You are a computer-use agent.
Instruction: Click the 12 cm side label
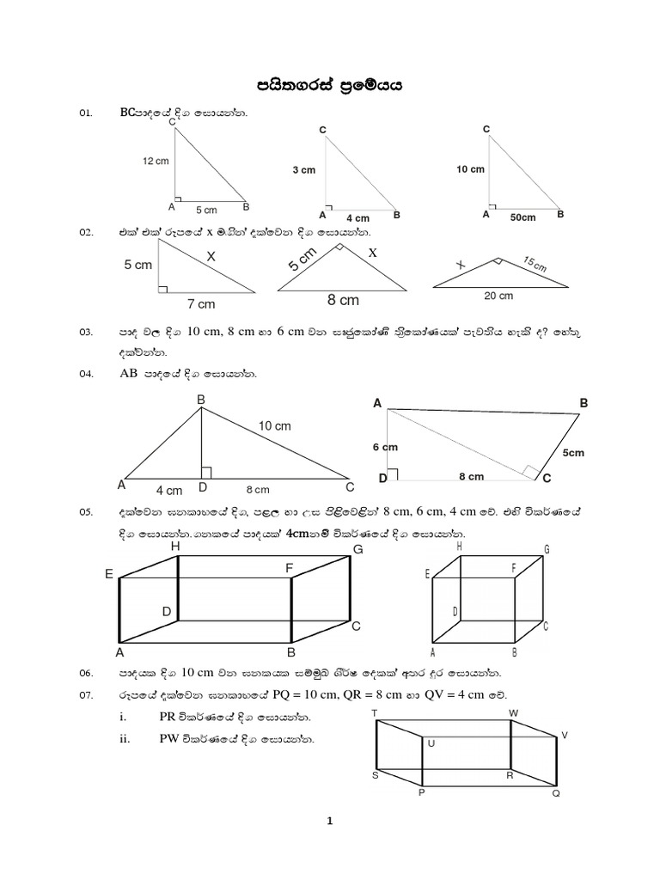(156, 162)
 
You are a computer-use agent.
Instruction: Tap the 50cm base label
(522, 217)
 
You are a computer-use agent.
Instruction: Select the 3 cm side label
(303, 170)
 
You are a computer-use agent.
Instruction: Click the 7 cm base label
(201, 303)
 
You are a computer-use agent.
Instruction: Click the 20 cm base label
(498, 296)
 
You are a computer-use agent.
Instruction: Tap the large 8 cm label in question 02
(343, 301)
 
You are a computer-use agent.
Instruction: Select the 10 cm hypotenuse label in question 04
(275, 425)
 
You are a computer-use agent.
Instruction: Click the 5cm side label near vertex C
(573, 452)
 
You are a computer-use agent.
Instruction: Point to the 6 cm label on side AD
(385, 447)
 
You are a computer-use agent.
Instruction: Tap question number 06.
(85, 672)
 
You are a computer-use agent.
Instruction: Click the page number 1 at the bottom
(329, 822)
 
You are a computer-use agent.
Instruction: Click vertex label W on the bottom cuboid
(513, 713)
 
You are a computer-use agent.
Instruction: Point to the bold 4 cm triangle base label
(357, 218)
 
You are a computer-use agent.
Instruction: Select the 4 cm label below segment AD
(169, 490)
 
